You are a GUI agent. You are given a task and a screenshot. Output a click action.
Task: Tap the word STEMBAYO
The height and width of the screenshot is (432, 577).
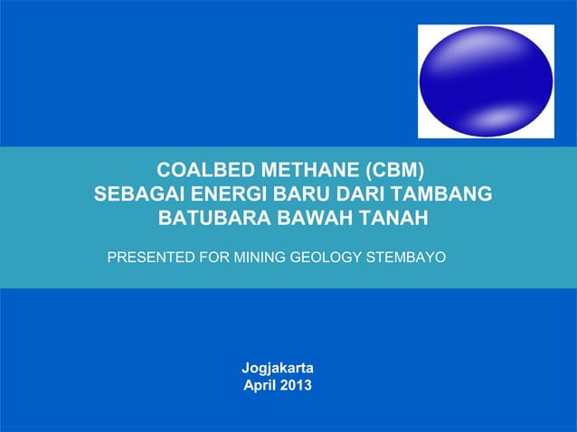pos(404,258)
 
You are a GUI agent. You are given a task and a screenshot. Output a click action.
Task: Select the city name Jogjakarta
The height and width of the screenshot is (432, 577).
pos(277,369)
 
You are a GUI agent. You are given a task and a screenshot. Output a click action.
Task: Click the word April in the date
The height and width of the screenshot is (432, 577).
pos(261,386)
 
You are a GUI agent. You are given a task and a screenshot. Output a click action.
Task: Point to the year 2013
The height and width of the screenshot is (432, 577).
pos(296,386)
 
